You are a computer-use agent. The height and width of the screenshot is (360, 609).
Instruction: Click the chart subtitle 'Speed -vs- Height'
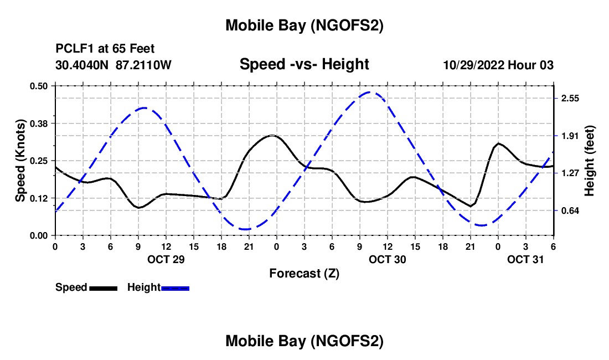(x=304, y=64)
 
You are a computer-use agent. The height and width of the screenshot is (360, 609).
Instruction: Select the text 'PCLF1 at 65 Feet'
(x=105, y=49)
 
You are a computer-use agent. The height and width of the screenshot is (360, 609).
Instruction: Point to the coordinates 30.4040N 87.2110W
(x=113, y=65)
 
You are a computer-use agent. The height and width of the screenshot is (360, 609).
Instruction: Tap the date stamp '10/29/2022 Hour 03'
(x=498, y=65)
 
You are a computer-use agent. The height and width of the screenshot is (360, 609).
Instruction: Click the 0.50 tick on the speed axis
(x=40, y=86)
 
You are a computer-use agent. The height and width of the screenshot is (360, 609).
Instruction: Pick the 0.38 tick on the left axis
(x=40, y=123)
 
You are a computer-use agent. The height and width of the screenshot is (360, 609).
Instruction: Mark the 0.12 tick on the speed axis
(x=40, y=198)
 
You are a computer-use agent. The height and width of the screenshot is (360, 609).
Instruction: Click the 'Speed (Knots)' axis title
(x=20, y=160)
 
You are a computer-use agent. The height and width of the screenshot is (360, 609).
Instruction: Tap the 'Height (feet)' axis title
(x=589, y=161)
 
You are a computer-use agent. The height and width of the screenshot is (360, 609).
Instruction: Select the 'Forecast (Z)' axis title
(x=304, y=273)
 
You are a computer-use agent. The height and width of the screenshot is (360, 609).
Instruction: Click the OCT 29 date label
(x=166, y=259)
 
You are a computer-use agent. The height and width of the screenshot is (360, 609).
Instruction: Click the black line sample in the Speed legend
(x=103, y=288)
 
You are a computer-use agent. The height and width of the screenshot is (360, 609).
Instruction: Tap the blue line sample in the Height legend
(x=176, y=288)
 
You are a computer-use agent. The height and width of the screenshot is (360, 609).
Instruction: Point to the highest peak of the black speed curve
(x=272, y=135)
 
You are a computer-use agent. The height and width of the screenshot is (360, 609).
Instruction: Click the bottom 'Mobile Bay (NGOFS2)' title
(x=304, y=342)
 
